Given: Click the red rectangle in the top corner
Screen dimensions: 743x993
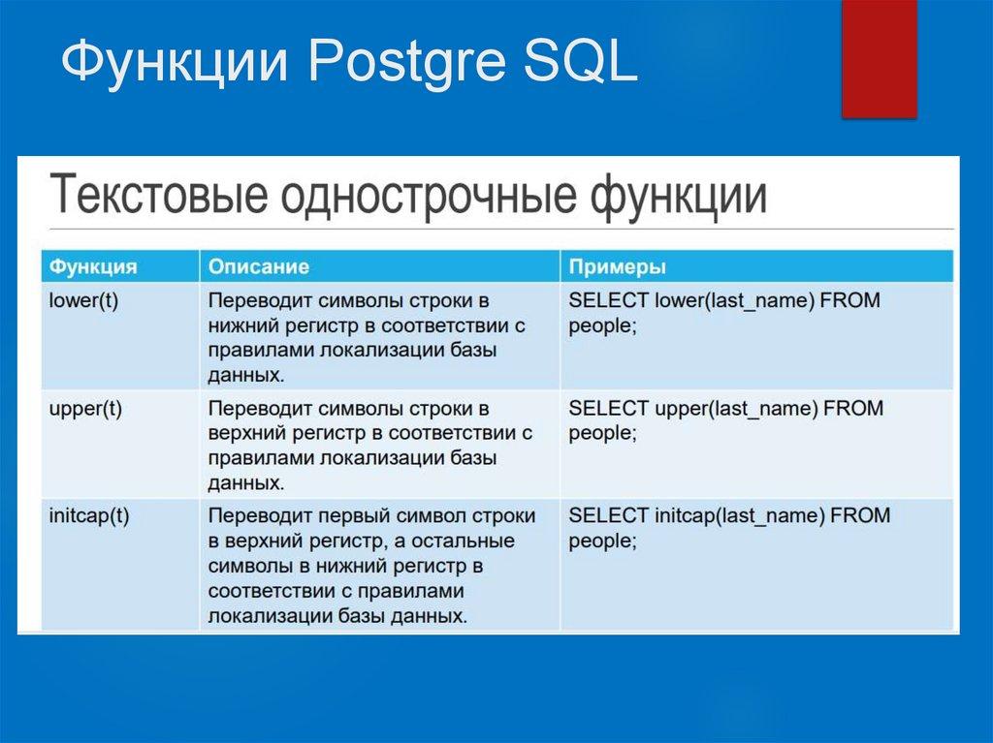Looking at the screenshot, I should tap(879, 58).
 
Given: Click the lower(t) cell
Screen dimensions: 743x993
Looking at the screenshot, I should tap(83, 300).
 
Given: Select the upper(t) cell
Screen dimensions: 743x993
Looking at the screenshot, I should tap(85, 408).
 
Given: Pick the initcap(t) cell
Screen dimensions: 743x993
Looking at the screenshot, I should tap(89, 515).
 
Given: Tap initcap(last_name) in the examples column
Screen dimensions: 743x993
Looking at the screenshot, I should tap(740, 515).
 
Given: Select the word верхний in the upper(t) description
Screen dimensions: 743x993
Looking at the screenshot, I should tap(243, 433).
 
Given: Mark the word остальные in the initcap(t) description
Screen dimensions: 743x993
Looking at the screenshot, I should tap(466, 541).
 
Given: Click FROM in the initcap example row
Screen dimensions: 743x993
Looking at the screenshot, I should tap(860, 515).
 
